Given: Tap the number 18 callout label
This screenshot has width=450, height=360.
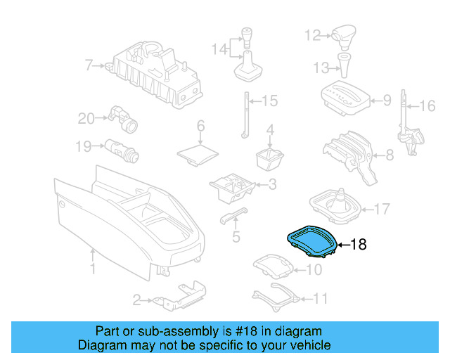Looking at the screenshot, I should point(359,245).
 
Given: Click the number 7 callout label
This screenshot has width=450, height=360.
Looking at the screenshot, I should point(89,66).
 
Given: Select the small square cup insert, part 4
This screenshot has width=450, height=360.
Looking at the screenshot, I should point(269,157).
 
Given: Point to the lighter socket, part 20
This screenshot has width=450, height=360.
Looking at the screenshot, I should point(125,120).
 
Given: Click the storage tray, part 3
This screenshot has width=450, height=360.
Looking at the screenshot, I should point(233,186).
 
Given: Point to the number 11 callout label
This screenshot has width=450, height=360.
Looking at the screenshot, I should point(320,298).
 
